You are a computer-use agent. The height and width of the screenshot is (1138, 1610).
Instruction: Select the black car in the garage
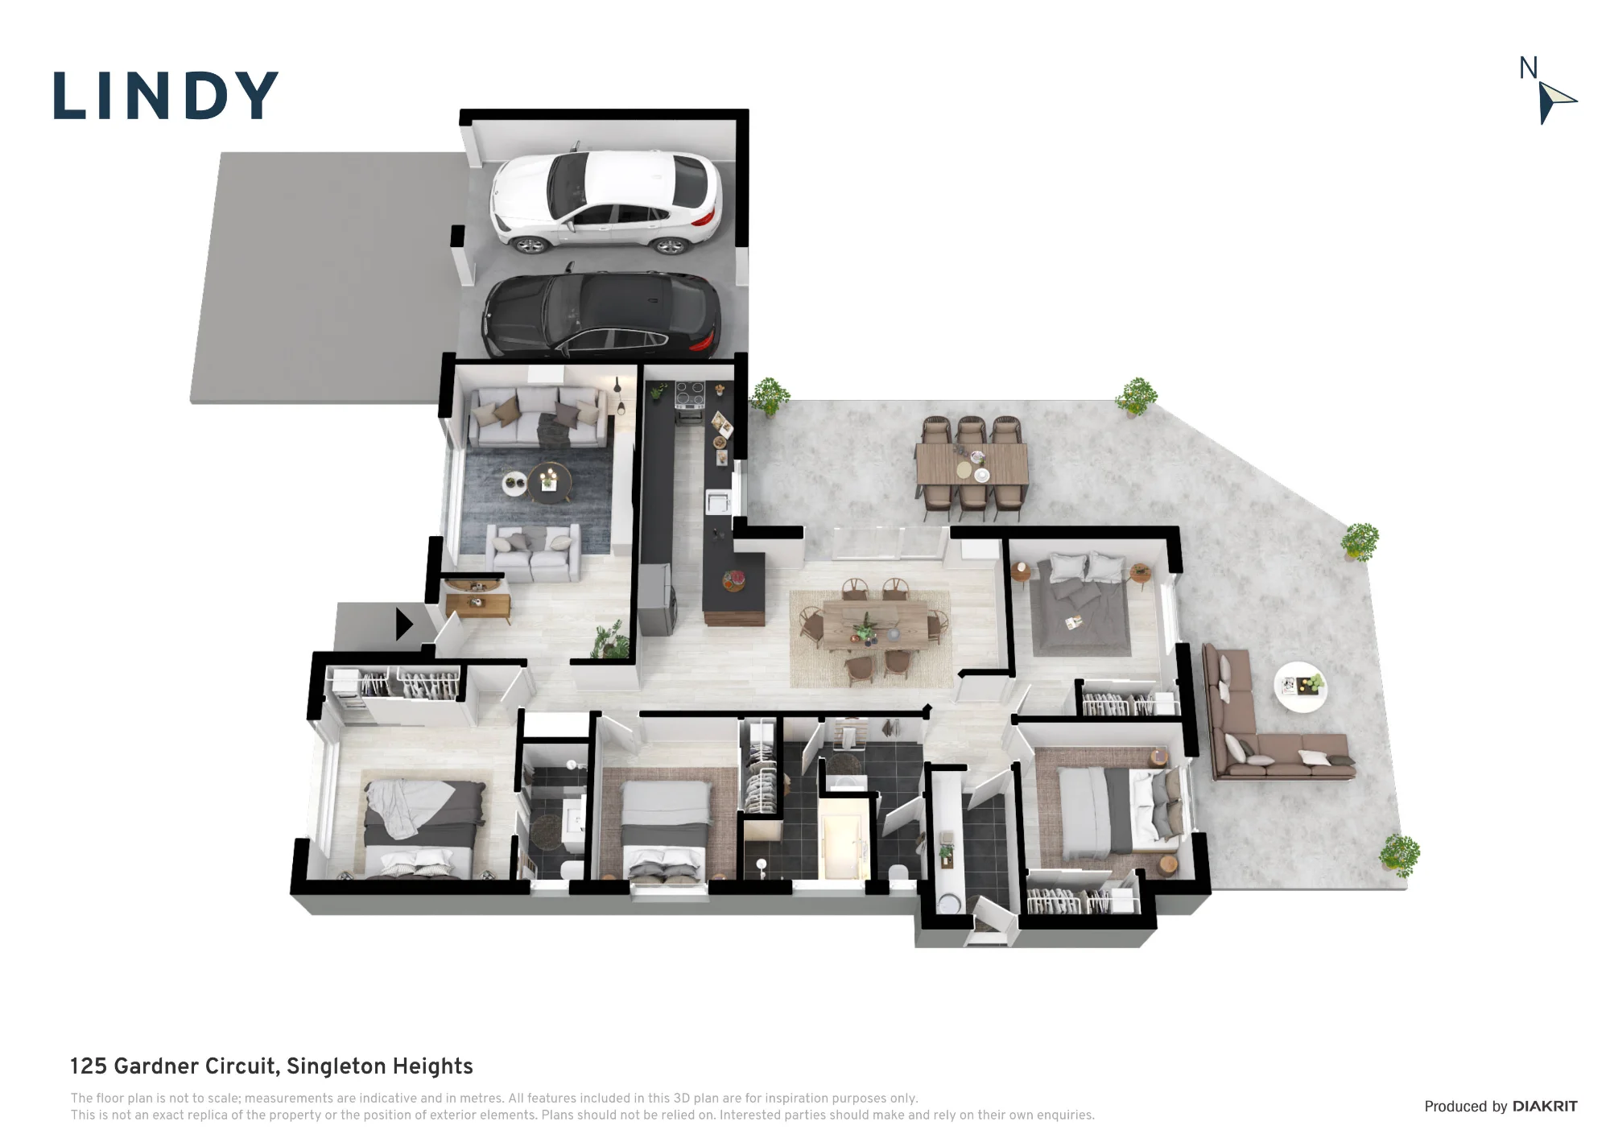coord(601,315)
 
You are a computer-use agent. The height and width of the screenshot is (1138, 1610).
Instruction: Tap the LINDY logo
coord(166,97)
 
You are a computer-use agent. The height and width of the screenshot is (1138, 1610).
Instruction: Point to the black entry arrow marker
coord(404,624)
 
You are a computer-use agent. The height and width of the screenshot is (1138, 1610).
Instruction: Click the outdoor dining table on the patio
coord(972,464)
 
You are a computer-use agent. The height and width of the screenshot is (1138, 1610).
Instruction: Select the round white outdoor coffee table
coord(1301,687)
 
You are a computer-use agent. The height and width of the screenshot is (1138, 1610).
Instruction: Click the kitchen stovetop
coord(690,394)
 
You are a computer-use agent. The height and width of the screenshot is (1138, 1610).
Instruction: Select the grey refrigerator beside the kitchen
coord(657,599)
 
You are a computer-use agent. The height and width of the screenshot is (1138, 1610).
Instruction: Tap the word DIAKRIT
coord(1545,1107)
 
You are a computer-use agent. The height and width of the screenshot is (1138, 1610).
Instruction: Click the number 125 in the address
coord(89,1066)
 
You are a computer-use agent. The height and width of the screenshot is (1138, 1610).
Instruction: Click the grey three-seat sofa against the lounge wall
coord(537,417)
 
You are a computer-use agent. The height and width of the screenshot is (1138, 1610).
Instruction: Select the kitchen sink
coord(717,502)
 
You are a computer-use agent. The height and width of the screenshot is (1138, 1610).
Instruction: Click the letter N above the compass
coord(1528,68)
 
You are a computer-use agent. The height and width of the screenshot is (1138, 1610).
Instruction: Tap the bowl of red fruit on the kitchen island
coord(733,580)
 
